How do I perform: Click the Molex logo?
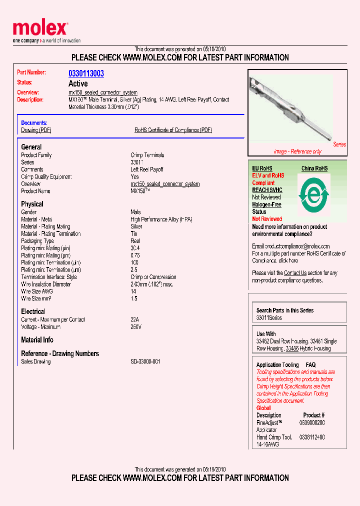[40, 29]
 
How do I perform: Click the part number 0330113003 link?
[86, 73]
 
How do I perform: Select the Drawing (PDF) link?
[36, 130]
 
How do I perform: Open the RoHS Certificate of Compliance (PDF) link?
[173, 130]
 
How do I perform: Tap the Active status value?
[77, 83]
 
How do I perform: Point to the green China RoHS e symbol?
[314, 193]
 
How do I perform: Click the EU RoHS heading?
[262, 168]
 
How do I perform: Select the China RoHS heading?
[314, 168]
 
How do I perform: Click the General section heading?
[31, 147]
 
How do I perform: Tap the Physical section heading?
[32, 204]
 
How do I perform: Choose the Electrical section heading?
[33, 311]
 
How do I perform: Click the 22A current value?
[134, 319]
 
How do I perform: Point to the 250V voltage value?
[135, 327]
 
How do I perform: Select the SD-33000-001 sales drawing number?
[145, 361]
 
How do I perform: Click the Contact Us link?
[295, 273]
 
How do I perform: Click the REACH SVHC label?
[267, 190]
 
